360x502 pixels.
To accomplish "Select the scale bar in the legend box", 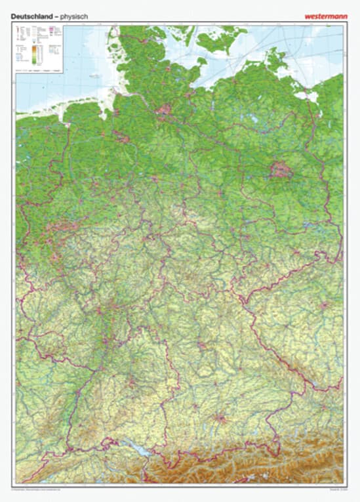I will pyautogui.click(x=39, y=69).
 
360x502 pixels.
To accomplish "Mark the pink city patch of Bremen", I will pyautogui.click(x=122, y=136).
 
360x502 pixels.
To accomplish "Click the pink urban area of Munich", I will pyautogui.click(x=221, y=417).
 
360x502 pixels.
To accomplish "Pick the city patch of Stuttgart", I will pyautogui.click(x=130, y=380).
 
